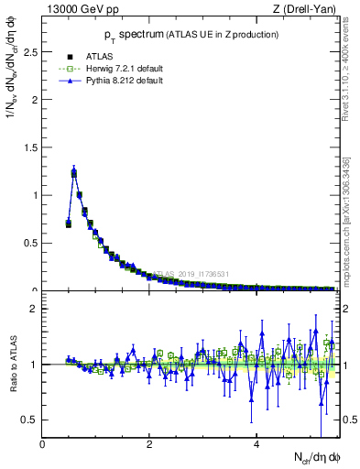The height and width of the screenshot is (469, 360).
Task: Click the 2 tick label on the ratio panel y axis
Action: [34, 309]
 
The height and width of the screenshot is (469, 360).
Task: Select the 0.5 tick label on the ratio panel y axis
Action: [29, 420]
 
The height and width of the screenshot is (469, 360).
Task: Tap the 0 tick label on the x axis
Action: [43, 445]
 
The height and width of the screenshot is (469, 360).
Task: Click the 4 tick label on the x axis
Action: [257, 445]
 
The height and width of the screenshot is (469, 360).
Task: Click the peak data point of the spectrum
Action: [74, 172]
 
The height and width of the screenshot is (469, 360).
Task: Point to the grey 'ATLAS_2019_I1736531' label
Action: [193, 273]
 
